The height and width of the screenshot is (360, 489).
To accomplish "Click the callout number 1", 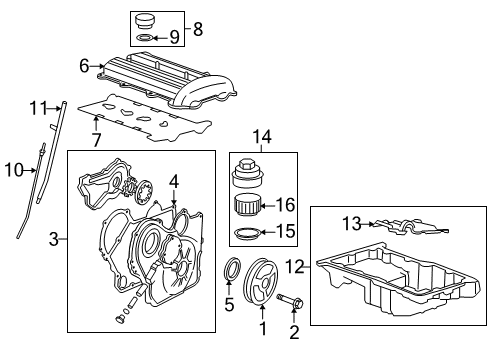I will pyautogui.click(x=264, y=328).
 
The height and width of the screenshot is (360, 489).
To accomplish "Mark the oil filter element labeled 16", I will pyautogui.click(x=247, y=207).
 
